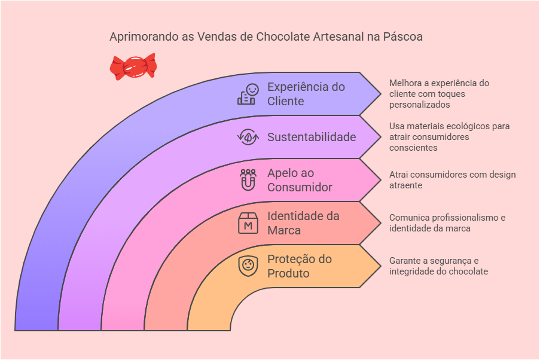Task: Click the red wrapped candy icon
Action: click(x=133, y=66)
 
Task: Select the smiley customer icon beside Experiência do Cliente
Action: click(x=248, y=94)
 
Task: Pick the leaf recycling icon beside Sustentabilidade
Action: click(x=248, y=137)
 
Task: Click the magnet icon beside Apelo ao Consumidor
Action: click(x=248, y=180)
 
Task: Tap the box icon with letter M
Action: click(x=248, y=223)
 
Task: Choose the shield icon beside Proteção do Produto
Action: click(x=248, y=266)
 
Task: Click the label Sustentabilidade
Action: click(x=312, y=137)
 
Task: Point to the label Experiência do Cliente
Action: click(x=306, y=94)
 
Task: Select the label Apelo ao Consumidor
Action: click(x=299, y=180)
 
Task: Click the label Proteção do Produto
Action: click(x=299, y=266)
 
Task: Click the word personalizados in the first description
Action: click(x=419, y=105)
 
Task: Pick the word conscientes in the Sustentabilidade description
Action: click(x=413, y=148)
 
